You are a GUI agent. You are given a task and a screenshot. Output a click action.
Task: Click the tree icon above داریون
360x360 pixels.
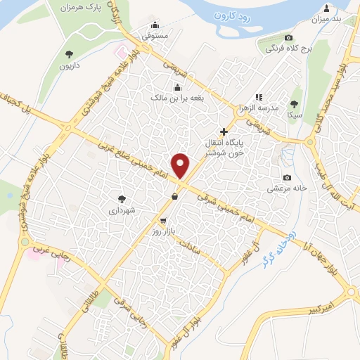click(69, 53)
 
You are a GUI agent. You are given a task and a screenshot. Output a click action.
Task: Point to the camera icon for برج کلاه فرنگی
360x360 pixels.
click(288, 37)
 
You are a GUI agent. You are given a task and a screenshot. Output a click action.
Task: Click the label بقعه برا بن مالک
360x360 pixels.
click(177, 98)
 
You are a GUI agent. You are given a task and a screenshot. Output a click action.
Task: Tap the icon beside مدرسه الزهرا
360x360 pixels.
click(259, 97)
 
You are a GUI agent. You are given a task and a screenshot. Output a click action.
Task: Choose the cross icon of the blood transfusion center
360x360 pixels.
click(224, 131)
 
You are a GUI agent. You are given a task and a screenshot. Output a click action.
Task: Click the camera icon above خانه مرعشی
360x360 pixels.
click(286, 178)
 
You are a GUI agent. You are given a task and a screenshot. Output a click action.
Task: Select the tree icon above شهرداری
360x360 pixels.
click(122, 199)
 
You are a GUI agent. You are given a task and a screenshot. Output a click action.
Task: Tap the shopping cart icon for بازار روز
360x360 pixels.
click(163, 221)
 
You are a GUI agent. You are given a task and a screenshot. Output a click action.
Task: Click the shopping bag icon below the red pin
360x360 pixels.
click(174, 197)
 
